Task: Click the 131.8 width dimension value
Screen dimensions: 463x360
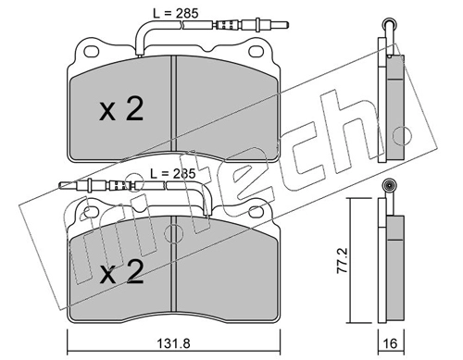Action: pos(173,343)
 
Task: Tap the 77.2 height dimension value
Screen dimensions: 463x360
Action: pos(343,260)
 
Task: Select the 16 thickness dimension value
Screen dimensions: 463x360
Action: pos(391,343)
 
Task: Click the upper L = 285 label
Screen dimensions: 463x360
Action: pos(176,13)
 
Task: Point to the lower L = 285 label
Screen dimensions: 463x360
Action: pos(173,174)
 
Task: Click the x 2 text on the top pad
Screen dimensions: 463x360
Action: pos(121,109)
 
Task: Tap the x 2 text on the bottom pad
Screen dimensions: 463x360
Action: pos(121,272)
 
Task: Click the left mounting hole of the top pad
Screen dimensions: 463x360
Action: pos(92,52)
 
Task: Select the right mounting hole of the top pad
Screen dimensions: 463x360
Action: pos(256,52)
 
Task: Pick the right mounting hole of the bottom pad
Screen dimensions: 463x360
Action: pos(256,212)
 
